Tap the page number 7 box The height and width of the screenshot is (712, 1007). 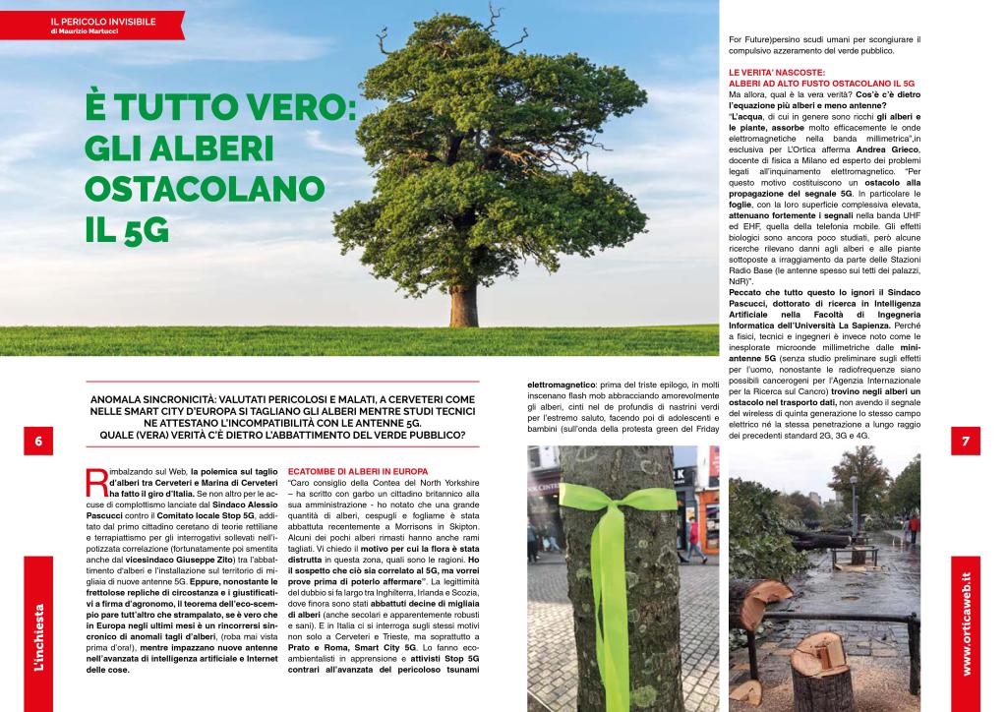click(x=966, y=442)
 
